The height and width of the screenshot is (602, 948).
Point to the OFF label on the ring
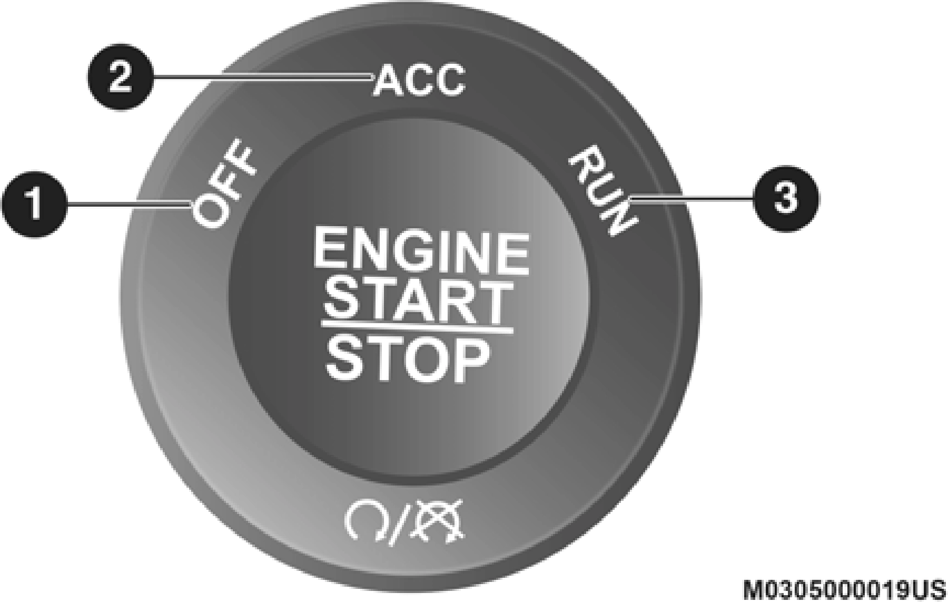(223, 185)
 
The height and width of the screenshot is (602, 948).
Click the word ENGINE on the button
(421, 252)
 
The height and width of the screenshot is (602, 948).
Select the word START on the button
(418, 302)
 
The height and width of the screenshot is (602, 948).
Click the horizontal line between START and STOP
(417, 329)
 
